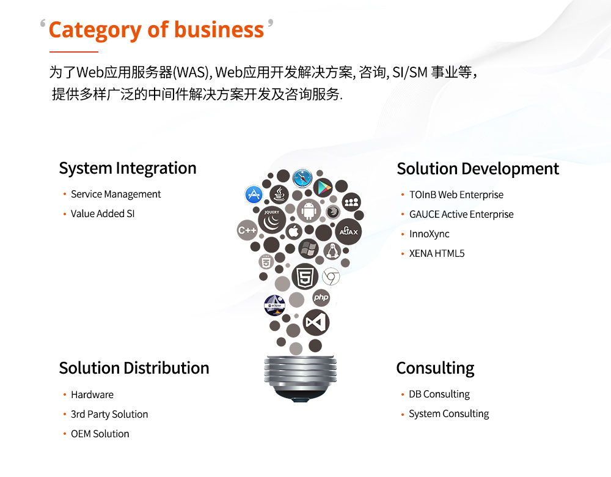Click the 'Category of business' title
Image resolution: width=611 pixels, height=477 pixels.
click(x=156, y=30)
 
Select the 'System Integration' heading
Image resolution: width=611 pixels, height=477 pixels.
click(x=128, y=169)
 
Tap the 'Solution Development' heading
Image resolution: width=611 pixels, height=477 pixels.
click(x=478, y=169)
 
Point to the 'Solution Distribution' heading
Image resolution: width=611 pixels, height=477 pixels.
click(x=134, y=368)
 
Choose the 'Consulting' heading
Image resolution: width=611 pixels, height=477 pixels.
click(x=435, y=368)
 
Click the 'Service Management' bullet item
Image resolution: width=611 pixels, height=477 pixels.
click(x=115, y=194)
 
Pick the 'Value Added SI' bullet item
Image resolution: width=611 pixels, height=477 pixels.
click(x=103, y=214)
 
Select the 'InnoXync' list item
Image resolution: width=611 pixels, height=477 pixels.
click(x=429, y=234)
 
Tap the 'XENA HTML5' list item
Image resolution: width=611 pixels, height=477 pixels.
click(x=437, y=254)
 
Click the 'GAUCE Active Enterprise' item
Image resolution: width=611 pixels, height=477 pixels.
click(x=461, y=215)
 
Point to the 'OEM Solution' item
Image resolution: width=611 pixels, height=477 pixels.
click(x=100, y=434)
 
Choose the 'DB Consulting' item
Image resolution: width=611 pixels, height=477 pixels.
click(x=439, y=394)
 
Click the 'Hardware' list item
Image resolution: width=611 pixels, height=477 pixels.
click(x=92, y=394)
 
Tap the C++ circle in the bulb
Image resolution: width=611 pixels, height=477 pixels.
click(x=247, y=230)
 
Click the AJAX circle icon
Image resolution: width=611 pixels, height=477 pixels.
click(x=348, y=232)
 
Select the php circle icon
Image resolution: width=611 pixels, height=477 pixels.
click(x=321, y=297)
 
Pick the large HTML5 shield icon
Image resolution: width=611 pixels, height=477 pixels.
click(x=305, y=276)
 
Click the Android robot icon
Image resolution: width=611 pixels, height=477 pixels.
click(x=309, y=210)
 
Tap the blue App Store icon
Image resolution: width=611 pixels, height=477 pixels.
click(x=254, y=194)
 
